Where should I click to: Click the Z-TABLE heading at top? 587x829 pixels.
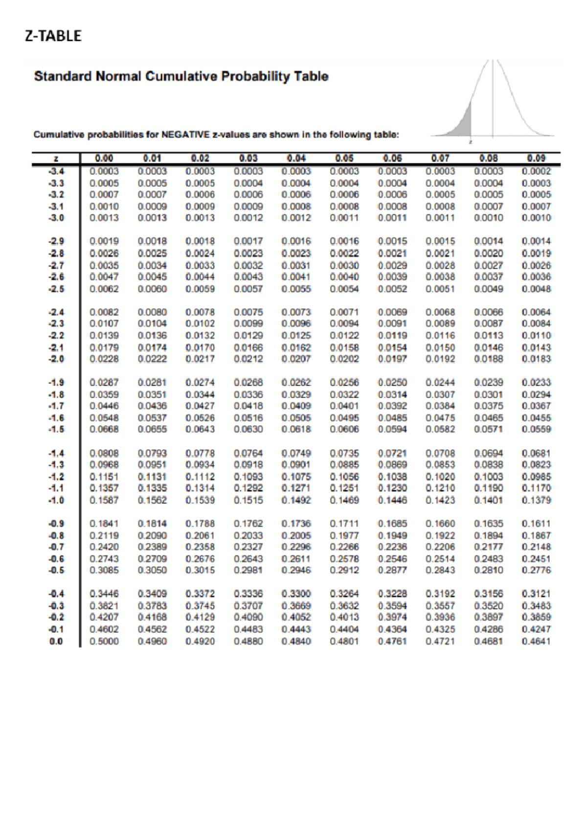tap(53, 36)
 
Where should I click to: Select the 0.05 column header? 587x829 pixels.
tap(344, 158)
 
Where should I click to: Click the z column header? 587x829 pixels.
tap(56, 159)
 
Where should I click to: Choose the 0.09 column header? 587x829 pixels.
tap(536, 158)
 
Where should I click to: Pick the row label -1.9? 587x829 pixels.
tap(56, 383)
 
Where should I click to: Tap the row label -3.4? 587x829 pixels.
tap(56, 171)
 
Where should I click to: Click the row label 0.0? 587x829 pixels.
tap(56, 641)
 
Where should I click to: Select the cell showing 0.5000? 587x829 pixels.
tap(104, 641)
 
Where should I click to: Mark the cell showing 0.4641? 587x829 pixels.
tap(536, 641)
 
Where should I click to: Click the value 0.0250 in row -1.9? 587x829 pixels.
tap(392, 383)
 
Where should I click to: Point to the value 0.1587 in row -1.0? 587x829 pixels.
tap(104, 500)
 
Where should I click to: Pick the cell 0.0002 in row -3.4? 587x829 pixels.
tap(536, 171)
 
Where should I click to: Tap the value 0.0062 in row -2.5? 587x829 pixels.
tap(104, 289)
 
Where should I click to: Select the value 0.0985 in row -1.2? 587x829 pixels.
tap(536, 477)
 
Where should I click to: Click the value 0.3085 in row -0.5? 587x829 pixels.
tap(104, 570)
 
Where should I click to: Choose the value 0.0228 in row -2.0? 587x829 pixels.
tap(104, 359)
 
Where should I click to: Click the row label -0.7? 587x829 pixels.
tap(56, 547)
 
